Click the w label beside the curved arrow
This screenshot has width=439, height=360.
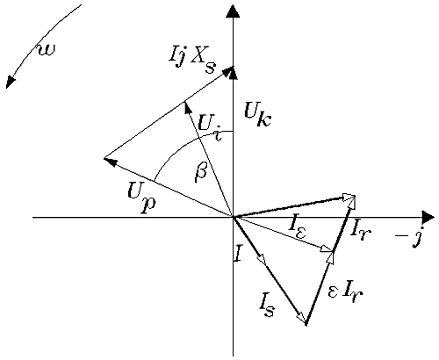(47, 50)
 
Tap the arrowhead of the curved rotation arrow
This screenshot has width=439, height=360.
(11, 82)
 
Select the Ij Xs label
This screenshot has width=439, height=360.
(192, 61)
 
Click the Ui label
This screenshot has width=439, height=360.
(210, 127)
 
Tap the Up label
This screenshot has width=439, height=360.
(142, 195)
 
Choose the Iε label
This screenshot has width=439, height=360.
(298, 227)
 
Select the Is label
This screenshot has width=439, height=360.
(267, 305)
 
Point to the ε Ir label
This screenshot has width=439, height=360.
(346, 292)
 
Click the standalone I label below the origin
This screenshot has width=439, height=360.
(238, 253)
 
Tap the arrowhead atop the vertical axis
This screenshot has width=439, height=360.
(233, 11)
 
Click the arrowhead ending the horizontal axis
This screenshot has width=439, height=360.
(428, 218)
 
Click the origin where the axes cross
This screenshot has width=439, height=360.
(233, 218)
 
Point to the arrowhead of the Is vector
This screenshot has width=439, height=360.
(301, 318)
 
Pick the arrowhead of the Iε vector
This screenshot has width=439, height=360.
(327, 249)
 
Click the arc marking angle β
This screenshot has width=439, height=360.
(182, 145)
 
